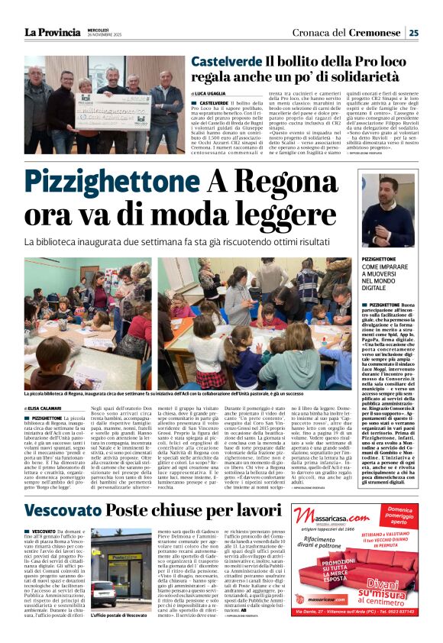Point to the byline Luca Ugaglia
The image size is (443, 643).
(218, 93)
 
